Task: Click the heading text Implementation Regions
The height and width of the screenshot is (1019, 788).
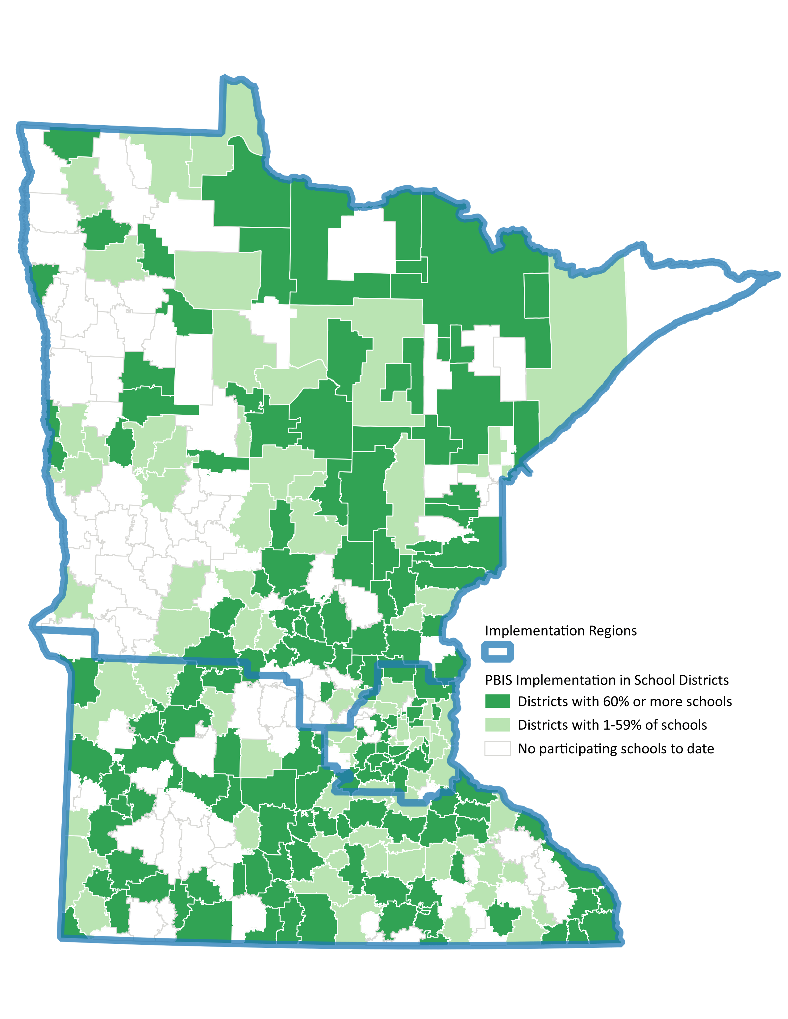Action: (x=560, y=631)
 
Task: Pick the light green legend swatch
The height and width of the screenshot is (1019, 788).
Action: (x=497, y=725)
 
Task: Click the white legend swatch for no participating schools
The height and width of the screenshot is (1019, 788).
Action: (x=497, y=748)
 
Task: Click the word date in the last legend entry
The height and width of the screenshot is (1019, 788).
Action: (x=700, y=748)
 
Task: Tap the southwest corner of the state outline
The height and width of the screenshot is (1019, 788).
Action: (x=61, y=937)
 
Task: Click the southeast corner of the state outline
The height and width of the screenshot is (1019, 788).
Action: (x=621, y=942)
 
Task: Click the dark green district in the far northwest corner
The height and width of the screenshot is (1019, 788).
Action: (x=70, y=142)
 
